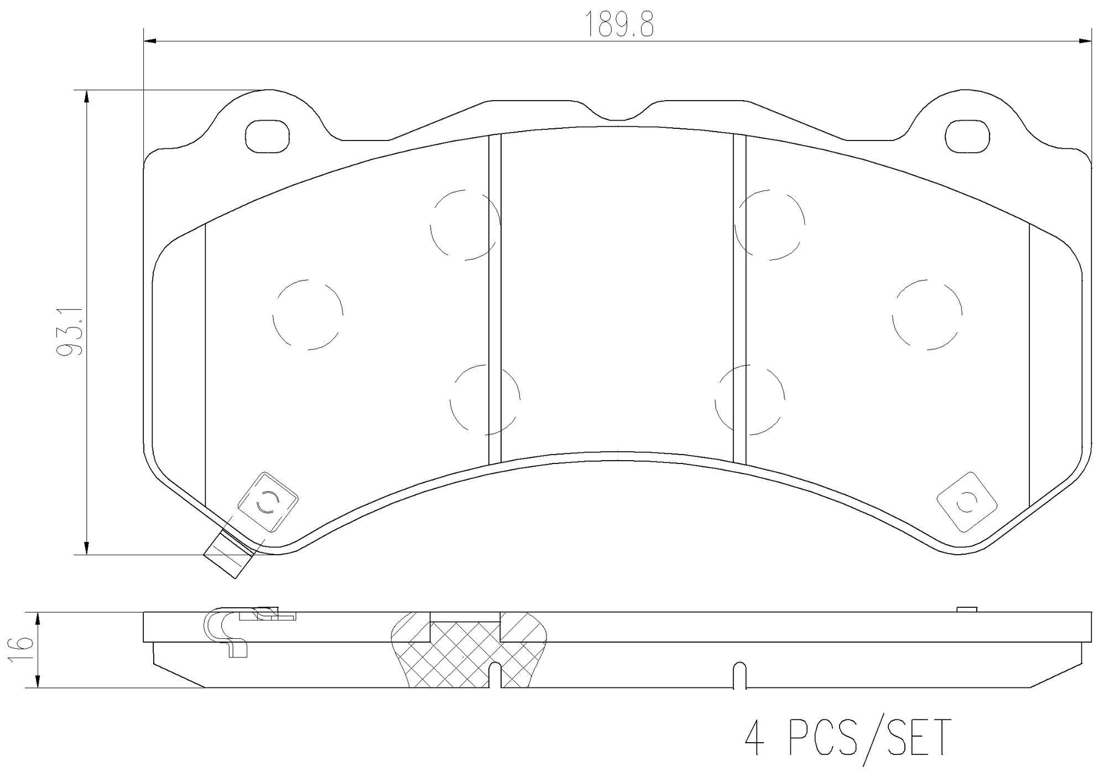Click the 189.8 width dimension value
click(619, 25)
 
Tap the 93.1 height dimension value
click(71, 332)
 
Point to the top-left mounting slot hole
click(267, 137)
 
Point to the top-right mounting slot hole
click(966, 137)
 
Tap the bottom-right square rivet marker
click(966, 502)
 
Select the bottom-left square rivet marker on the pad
click(268, 502)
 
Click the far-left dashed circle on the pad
click(308, 315)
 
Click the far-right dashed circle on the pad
click(927, 315)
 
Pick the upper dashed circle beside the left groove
click(465, 225)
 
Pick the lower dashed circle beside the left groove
click(485, 399)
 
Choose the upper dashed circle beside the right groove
click(769, 225)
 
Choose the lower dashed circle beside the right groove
click(749, 399)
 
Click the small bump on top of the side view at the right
click(966, 609)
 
